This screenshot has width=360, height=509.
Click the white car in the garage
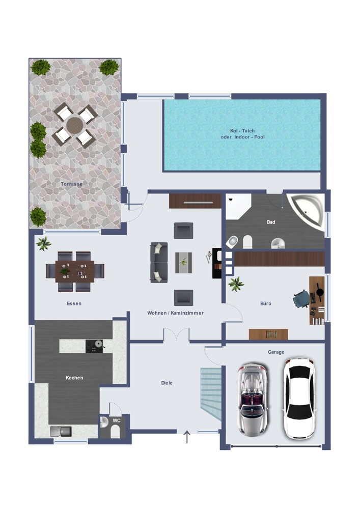(x=299, y=399)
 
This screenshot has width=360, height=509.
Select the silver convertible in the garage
(x=253, y=399)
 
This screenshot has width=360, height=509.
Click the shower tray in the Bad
(x=238, y=207)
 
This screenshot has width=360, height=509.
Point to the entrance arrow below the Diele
(x=187, y=437)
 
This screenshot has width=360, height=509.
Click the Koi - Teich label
(x=242, y=131)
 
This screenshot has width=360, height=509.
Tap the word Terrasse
(x=72, y=184)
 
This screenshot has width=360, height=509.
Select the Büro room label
(x=265, y=303)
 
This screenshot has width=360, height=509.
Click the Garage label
(x=276, y=352)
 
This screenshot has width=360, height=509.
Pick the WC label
(x=117, y=420)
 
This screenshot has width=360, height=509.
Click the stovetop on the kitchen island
(x=94, y=346)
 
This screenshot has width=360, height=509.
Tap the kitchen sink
(x=61, y=431)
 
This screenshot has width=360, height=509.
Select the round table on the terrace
(x=75, y=125)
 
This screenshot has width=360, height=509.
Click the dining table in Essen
(x=75, y=271)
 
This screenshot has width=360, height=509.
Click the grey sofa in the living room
(x=159, y=262)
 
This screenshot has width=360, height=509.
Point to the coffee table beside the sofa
(x=183, y=262)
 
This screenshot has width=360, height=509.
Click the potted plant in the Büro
(x=236, y=284)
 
